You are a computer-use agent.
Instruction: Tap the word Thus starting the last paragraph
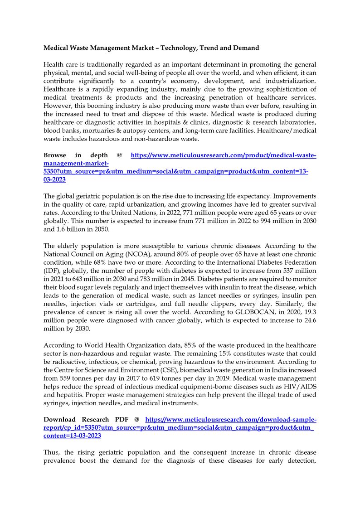(52, 452)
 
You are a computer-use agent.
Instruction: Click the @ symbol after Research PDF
(136, 419)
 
